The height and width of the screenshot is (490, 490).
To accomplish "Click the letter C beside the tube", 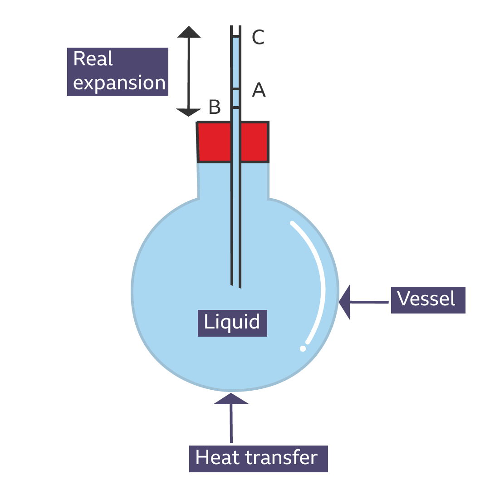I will click(x=258, y=37).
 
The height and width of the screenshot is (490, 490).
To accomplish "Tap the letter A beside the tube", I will click(x=259, y=90).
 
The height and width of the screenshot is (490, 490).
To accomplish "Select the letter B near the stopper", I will click(x=215, y=108).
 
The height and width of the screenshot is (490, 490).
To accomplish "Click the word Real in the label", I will click(x=93, y=59).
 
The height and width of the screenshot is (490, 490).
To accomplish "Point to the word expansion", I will click(x=119, y=83).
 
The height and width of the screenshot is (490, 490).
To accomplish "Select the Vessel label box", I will click(x=428, y=299).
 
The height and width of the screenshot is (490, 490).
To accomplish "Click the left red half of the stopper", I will click(x=215, y=142).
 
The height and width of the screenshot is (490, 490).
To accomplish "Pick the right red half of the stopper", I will click(x=254, y=142).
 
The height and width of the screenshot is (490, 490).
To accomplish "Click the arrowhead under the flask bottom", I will click(x=231, y=398).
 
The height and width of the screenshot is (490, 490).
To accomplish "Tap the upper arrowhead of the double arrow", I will click(x=189, y=32).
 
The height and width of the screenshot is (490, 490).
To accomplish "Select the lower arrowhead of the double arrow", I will click(x=189, y=112).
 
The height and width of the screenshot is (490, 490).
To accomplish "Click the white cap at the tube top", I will click(x=235, y=24).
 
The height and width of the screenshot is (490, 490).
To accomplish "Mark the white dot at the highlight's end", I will click(x=303, y=348).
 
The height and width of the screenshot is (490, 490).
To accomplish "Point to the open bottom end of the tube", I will click(x=235, y=286).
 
